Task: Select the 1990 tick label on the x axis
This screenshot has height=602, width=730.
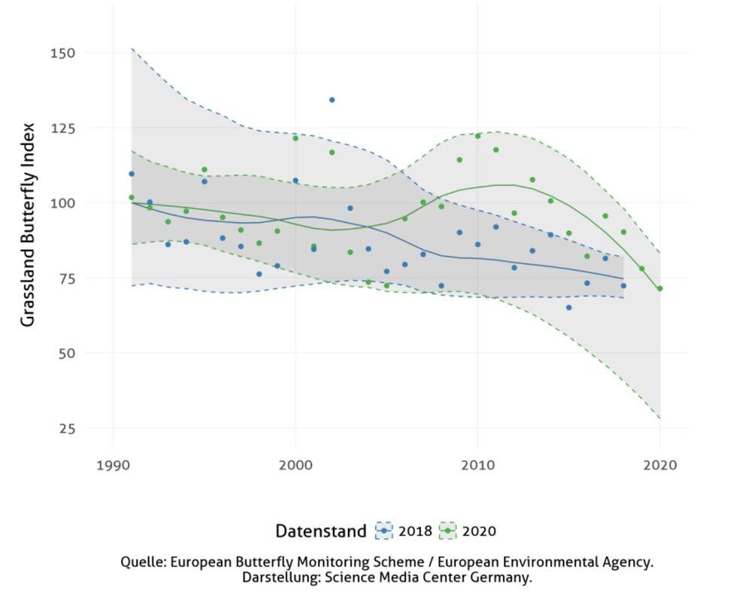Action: point(113,465)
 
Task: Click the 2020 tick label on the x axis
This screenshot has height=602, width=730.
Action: point(660,465)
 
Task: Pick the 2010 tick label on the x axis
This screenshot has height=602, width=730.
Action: point(477,465)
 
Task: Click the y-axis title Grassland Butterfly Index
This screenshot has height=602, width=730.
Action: point(28,224)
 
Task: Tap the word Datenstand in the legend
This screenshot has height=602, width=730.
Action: point(320,531)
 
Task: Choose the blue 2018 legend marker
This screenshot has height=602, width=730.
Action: point(384,531)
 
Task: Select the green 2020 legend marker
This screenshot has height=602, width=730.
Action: point(448,531)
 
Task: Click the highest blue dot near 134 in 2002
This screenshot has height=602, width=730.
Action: point(332,100)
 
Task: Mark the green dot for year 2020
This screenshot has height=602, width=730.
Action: point(660,288)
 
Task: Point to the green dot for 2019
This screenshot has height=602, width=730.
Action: point(641,269)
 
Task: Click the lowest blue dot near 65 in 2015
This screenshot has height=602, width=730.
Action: point(568,308)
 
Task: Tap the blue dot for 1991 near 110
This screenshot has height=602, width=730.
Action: point(132,174)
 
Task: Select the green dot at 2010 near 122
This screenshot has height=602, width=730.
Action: point(477,136)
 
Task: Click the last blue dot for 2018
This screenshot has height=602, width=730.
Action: point(623,286)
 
